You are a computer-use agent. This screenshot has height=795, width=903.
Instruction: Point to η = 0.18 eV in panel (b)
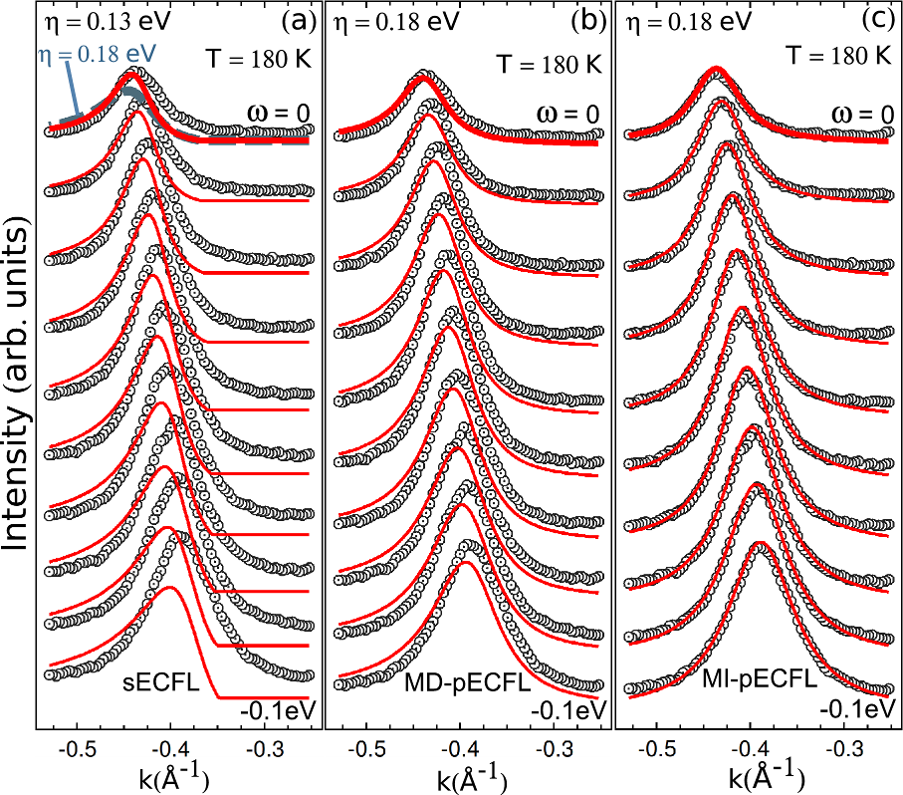tap(390, 21)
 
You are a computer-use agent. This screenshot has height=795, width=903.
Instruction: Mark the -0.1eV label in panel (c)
tap(856, 710)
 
